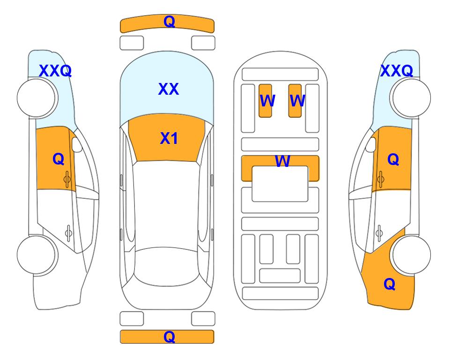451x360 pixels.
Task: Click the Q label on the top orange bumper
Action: click(x=169, y=22)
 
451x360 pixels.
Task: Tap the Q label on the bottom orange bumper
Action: click(x=169, y=337)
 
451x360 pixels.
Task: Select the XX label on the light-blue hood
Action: click(x=169, y=89)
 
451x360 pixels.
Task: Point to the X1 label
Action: click(x=169, y=138)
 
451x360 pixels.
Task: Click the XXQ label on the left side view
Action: click(x=55, y=71)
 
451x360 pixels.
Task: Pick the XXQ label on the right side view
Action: click(x=397, y=71)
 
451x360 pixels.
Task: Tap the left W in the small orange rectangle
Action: click(x=267, y=101)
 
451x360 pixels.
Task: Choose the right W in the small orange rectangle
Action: click(x=297, y=101)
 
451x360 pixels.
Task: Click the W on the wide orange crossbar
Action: click(x=282, y=161)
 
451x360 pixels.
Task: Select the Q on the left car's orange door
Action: click(x=59, y=159)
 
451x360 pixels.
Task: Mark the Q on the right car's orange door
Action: click(x=393, y=159)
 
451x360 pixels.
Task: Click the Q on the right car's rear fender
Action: click(x=390, y=284)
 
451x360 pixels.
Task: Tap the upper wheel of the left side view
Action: click(x=37, y=98)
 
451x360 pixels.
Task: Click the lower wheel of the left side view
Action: click(x=37, y=255)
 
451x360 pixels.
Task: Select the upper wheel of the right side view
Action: click(x=410, y=98)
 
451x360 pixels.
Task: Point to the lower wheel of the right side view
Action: click(x=410, y=255)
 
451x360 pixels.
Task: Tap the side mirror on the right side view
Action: click(x=370, y=144)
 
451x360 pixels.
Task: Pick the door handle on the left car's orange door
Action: click(x=67, y=179)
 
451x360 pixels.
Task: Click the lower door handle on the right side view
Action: click(x=379, y=233)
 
